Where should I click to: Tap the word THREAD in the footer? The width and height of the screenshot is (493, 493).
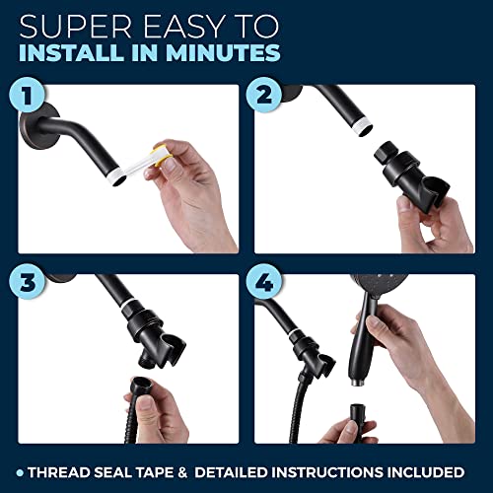point(64,470)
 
